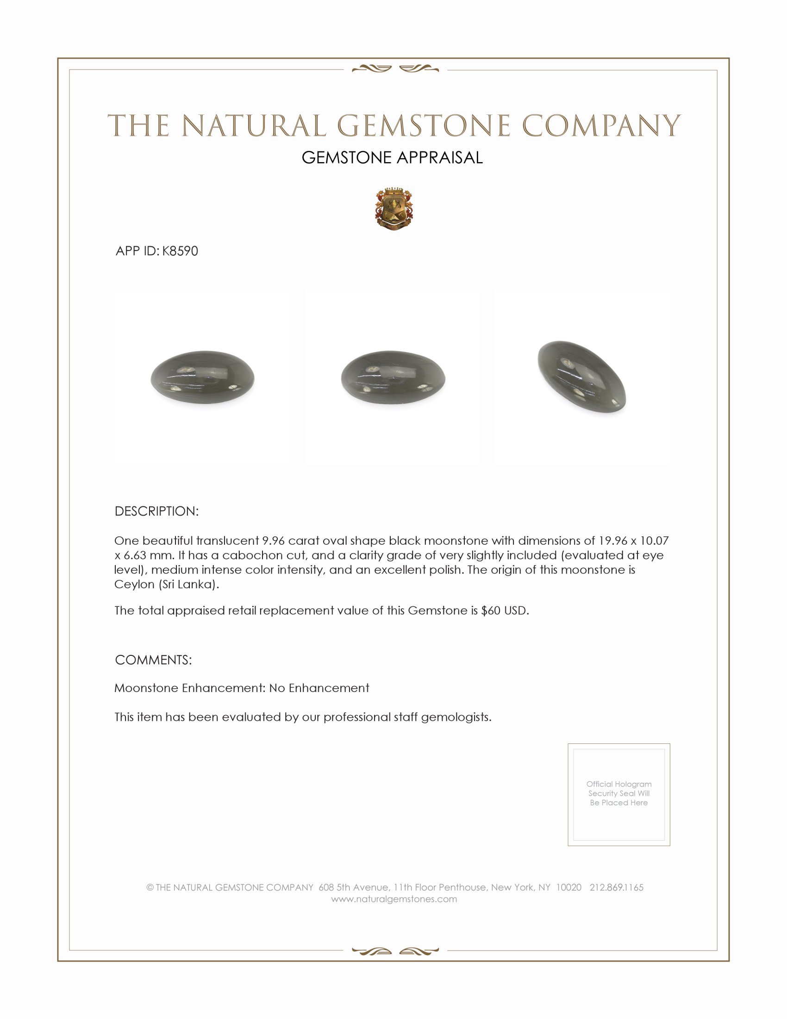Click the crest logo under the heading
[394, 209]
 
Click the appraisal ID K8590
[180, 251]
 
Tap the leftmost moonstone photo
[202, 377]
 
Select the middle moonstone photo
[393, 377]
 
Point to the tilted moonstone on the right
[582, 377]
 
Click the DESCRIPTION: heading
[156, 511]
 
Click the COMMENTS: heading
[153, 660]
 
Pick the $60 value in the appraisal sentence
[490, 611]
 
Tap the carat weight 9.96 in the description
[273, 541]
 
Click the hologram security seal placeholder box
[618, 794]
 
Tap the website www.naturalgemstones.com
[394, 899]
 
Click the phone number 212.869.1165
[616, 887]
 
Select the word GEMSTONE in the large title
[423, 126]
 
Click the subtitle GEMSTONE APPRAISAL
[392, 157]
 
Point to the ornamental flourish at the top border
[395, 69]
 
